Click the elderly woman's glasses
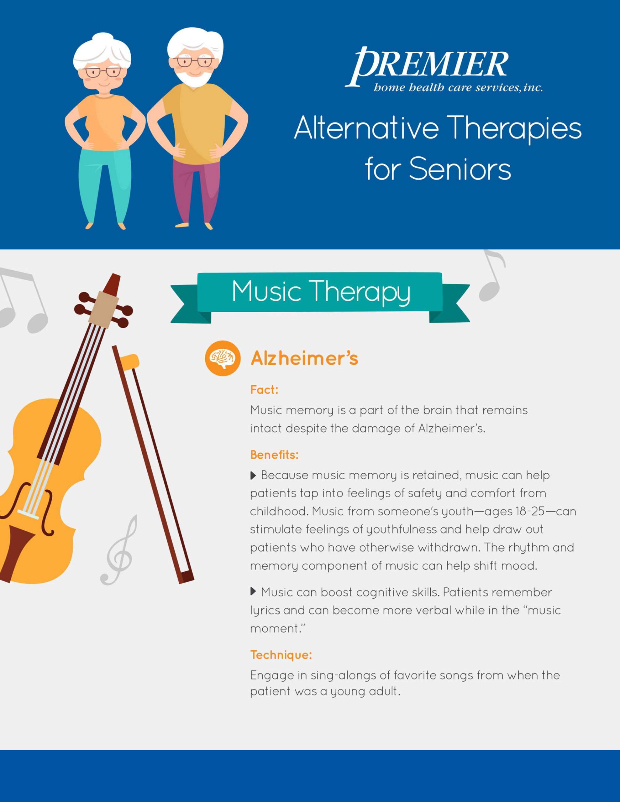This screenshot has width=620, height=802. coord(102,72)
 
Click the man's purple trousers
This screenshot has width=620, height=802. coord(196,191)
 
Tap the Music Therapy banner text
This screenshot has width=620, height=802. coord(321,292)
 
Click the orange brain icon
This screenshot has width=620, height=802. coord(223,358)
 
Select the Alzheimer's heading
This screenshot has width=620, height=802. coord(304,358)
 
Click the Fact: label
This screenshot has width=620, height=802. coord(264,390)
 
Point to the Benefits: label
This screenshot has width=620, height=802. coord(274,455)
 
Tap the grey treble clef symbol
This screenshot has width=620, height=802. coord(119,550)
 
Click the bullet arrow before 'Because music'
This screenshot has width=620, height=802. coord(253,476)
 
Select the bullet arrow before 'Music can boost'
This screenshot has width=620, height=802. coord(253,591)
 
